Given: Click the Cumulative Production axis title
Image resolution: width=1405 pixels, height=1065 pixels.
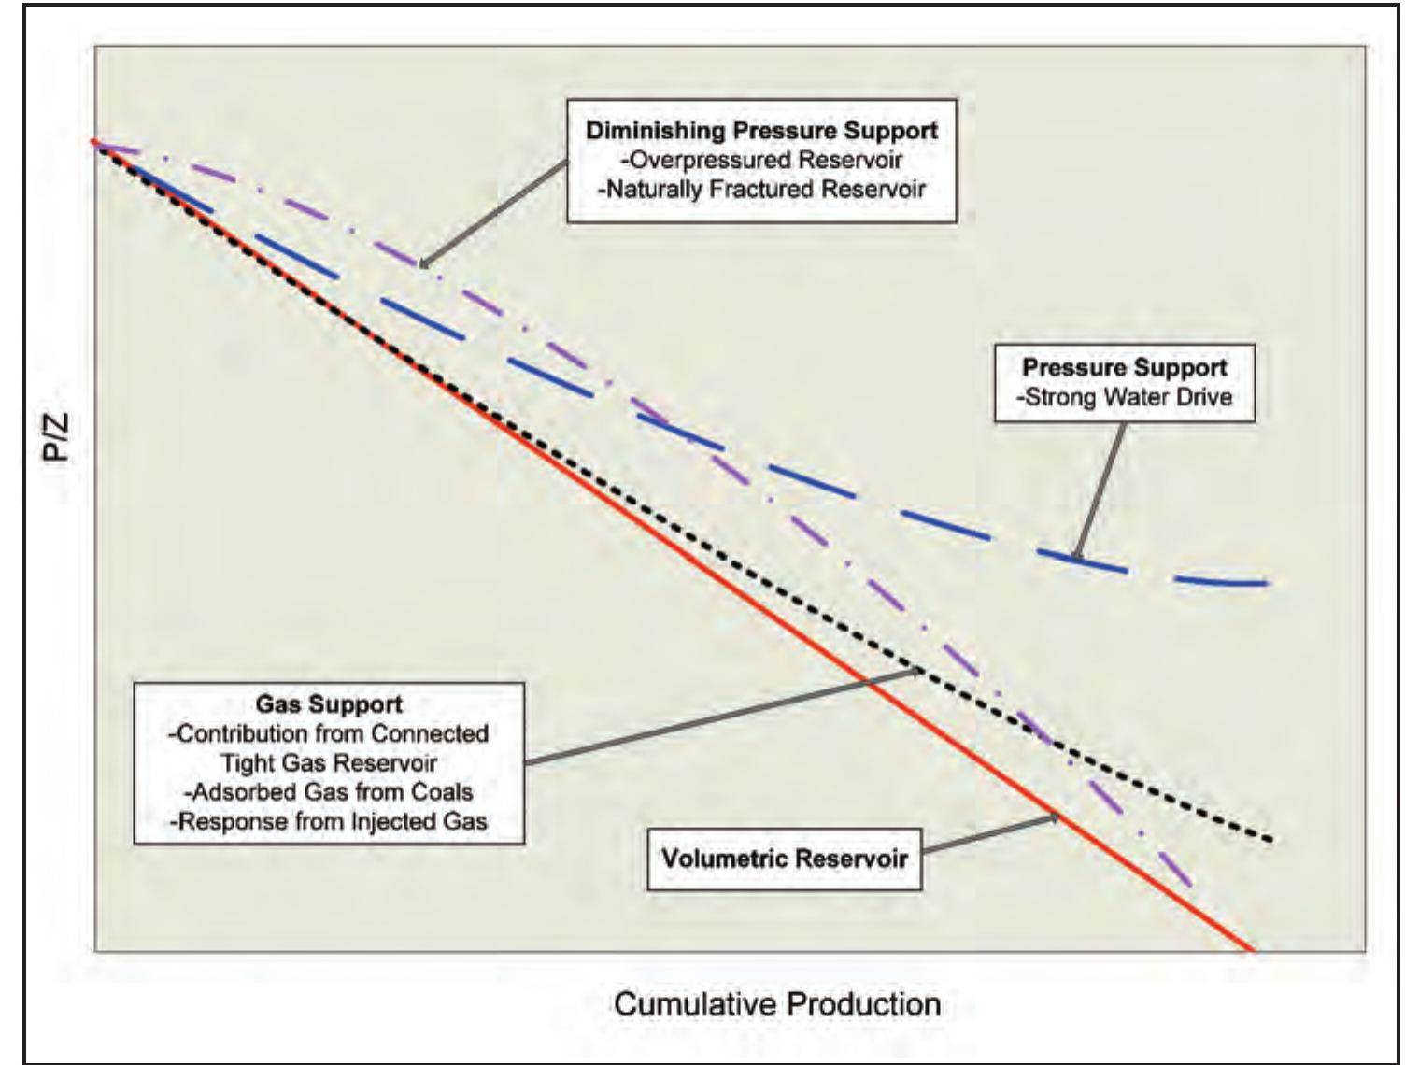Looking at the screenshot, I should pos(777,1003).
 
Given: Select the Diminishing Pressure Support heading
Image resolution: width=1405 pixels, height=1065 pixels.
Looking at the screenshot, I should pos(761,130).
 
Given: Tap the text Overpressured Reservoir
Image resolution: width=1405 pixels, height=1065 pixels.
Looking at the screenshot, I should pos(762,159).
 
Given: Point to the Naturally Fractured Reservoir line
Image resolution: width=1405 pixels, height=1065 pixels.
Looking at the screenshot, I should pos(762,189).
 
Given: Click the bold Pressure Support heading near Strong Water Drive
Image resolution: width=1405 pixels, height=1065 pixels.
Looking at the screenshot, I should pos(1124,367).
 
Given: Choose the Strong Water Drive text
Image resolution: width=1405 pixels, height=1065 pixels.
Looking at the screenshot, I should pos(1124,397).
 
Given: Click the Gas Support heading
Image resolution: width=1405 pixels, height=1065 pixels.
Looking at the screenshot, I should pos(329,703).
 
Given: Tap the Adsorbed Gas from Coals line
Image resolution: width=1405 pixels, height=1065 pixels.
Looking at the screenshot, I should pos(329,792).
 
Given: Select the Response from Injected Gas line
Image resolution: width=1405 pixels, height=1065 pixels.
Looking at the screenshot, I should pos(329,822).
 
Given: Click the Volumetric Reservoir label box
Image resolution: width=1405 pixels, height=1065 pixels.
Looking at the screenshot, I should pos(784,858).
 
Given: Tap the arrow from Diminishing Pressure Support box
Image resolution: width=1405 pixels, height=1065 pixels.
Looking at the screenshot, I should pos(495,213).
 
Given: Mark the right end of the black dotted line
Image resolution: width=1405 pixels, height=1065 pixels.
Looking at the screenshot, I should pos(1270,840).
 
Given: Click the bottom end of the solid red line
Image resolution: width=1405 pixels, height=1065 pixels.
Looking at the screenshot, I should pos(1250,949).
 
